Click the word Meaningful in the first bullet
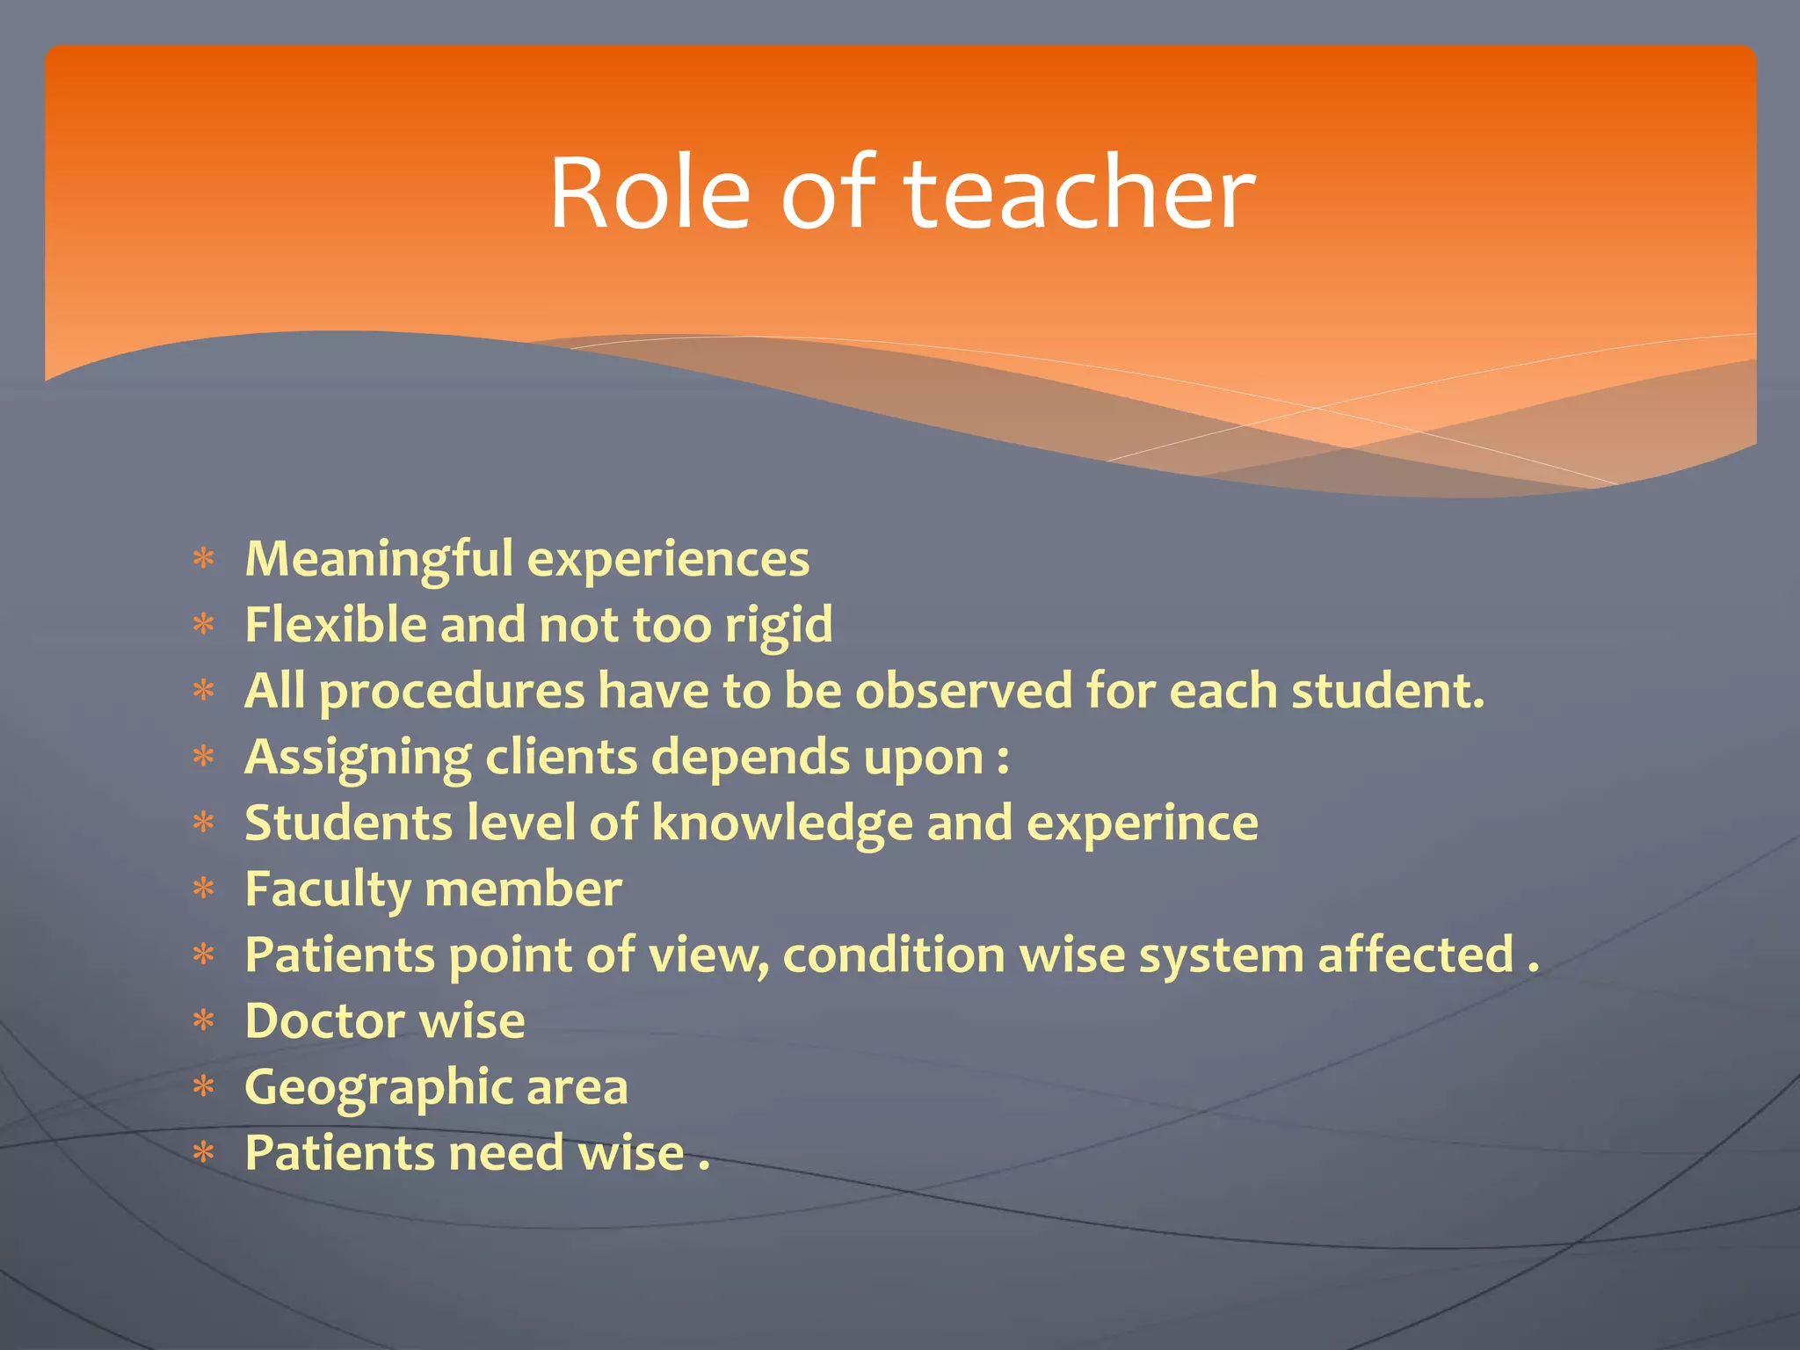coord(379,560)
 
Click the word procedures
coord(452,693)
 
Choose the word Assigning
coord(358,758)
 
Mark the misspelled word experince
coord(1142,824)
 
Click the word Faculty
coord(328,890)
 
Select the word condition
coord(894,955)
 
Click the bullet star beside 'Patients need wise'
coord(204,1152)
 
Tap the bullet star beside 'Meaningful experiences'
coord(204,559)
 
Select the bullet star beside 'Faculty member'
coord(204,889)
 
